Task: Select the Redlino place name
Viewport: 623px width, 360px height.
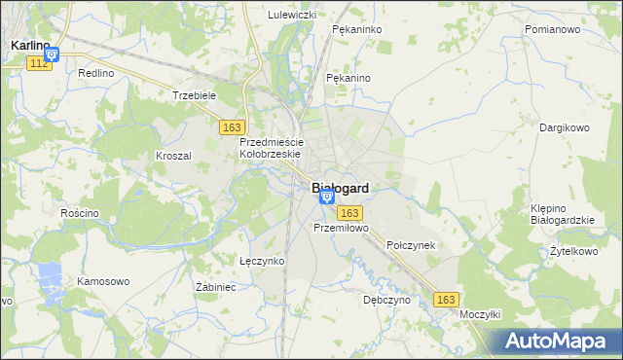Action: pos(96,73)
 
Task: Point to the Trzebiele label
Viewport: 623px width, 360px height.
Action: pos(193,95)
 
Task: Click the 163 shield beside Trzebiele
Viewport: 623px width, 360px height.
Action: pos(232,127)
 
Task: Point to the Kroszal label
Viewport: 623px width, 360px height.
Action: pos(173,155)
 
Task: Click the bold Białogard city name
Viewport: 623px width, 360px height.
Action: pos(340,189)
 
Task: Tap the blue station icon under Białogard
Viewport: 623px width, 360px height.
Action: pos(326,198)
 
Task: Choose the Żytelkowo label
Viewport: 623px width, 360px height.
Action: pos(573,251)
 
